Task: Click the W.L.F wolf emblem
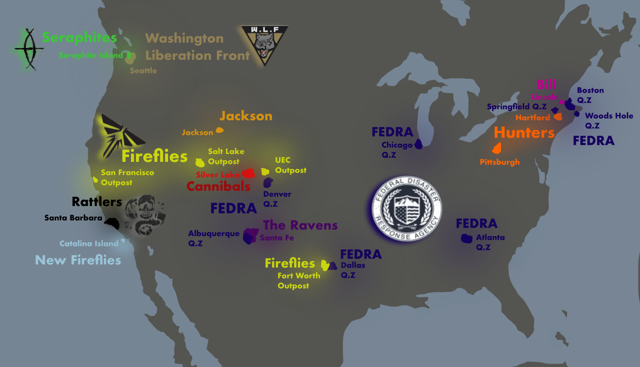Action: [265, 45]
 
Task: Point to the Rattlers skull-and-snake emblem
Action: [145, 215]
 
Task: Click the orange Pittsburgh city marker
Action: [497, 148]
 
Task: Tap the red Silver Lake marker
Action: [248, 173]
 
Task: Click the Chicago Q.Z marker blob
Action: [419, 144]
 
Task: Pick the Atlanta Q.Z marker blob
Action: [466, 239]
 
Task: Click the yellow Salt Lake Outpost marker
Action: [200, 162]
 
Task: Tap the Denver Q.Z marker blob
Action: [268, 183]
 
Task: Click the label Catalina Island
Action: [89, 244]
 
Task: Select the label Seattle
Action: [143, 71]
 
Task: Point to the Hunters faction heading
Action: [524, 132]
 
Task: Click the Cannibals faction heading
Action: [218, 186]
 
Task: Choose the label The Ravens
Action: [300, 225]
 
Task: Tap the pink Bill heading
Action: [546, 84]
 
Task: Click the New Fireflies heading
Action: [78, 260]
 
